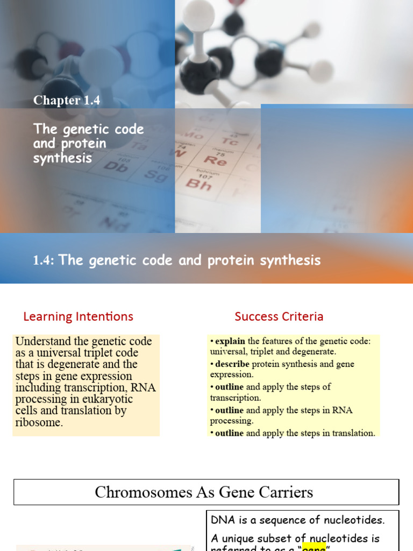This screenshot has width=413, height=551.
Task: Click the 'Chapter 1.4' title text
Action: tap(67, 100)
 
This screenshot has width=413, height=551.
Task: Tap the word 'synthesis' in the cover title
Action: tap(62, 158)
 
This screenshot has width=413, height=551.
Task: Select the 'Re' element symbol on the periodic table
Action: tap(215, 160)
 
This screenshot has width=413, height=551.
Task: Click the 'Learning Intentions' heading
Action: tap(78, 316)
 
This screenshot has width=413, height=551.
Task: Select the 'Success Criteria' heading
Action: tap(279, 316)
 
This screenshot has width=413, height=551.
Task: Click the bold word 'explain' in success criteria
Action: tap(230, 341)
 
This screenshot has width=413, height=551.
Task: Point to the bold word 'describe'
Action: tap(232, 364)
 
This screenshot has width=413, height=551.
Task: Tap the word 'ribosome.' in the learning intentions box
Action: tap(39, 422)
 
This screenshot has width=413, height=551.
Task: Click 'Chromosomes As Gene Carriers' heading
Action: tap(204, 492)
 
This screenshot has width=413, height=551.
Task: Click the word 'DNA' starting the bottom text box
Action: tap(220, 520)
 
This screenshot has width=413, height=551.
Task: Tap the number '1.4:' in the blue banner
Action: tap(44, 261)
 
